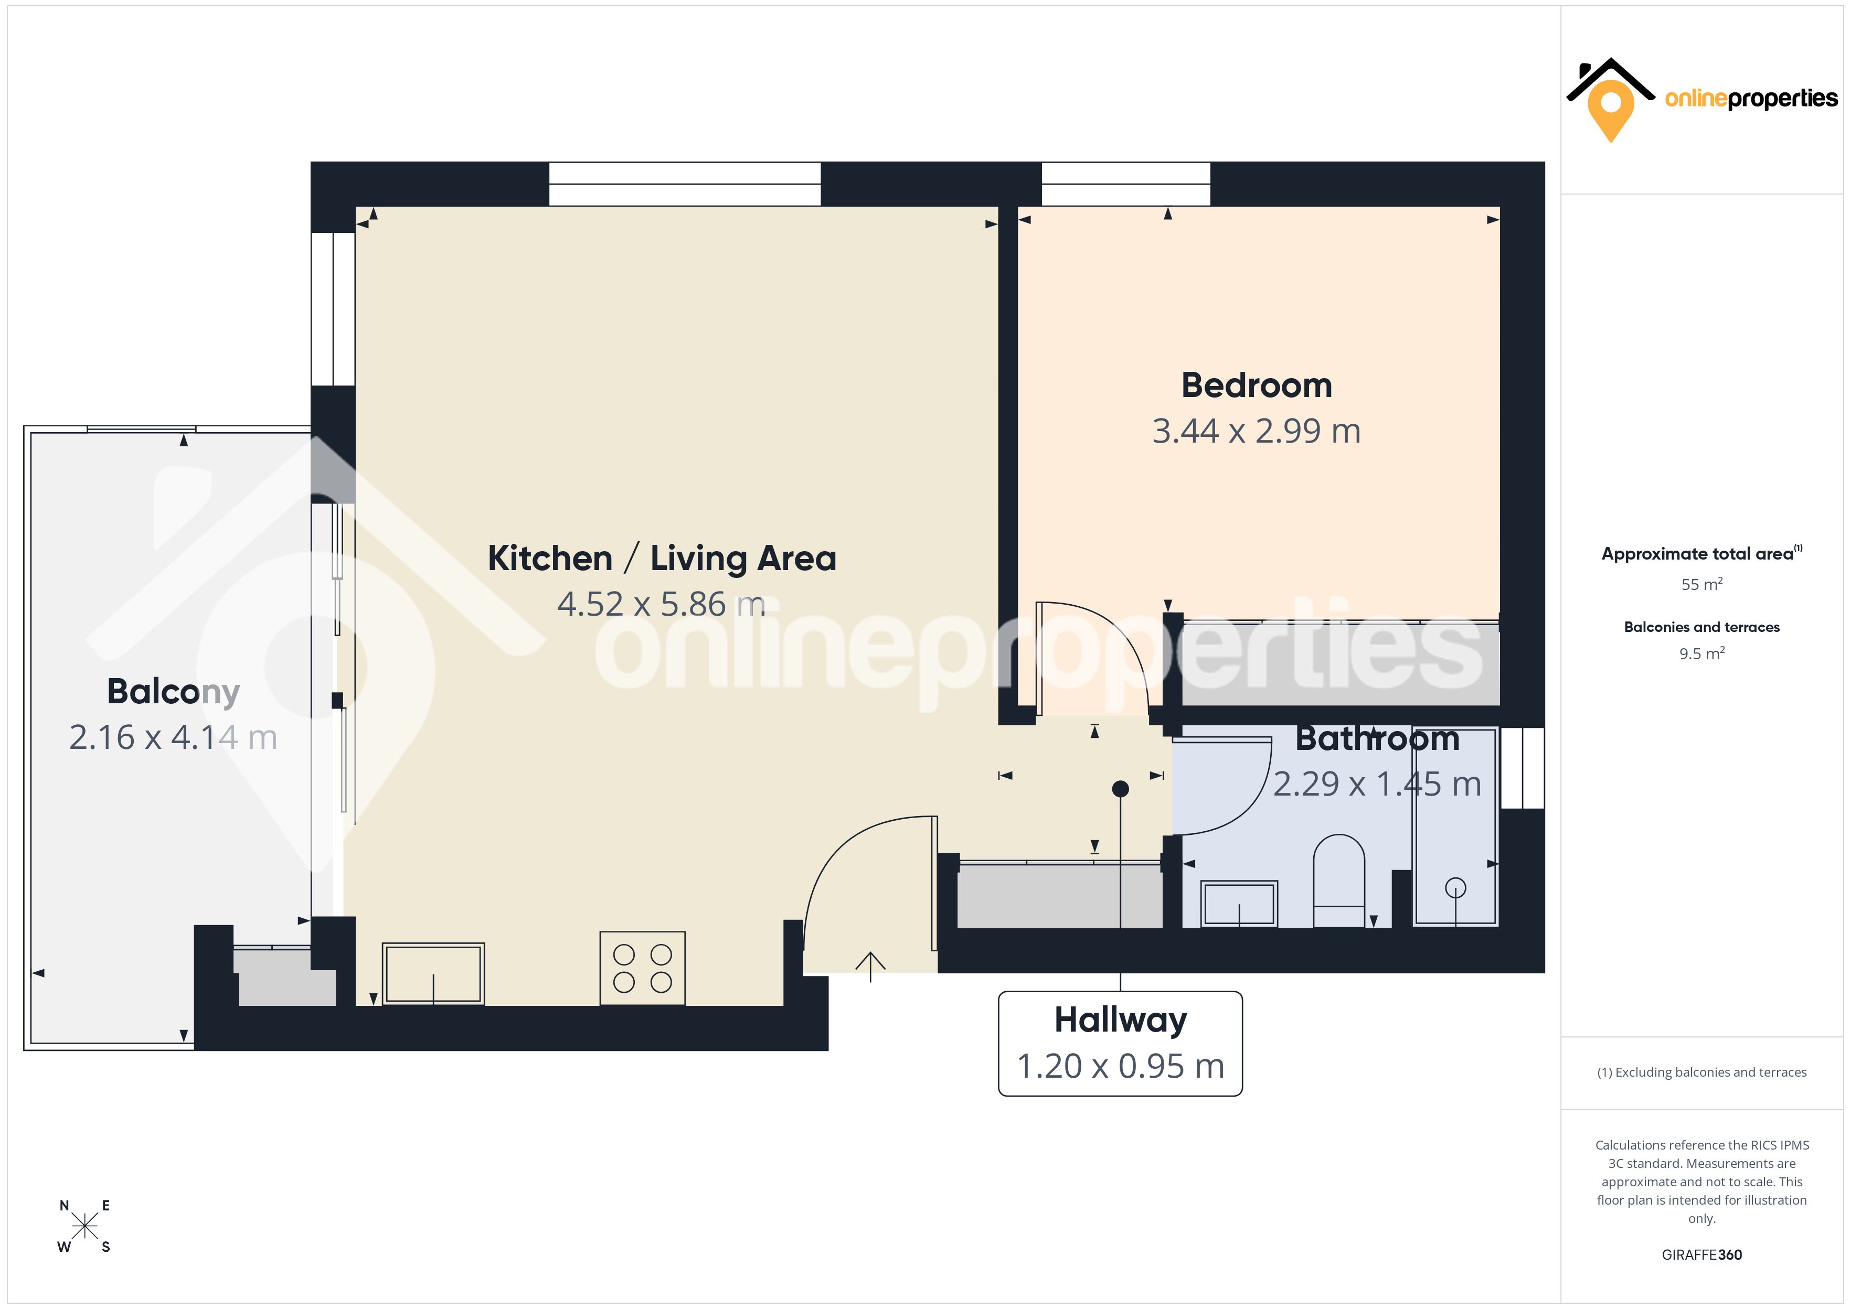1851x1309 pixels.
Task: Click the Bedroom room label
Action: (x=1256, y=385)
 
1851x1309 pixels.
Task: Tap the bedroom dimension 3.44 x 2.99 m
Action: (x=1256, y=431)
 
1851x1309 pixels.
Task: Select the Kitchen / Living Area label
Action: (x=662, y=558)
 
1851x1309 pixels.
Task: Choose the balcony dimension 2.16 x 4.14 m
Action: (x=173, y=737)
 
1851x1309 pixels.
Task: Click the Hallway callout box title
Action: (x=1121, y=1020)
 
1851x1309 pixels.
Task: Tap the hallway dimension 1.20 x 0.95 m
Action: (x=1121, y=1066)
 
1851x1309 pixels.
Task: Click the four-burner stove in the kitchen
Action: (x=643, y=968)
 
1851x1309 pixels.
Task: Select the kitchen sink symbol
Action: (x=433, y=974)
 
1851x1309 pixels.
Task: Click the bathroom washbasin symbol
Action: (x=1239, y=904)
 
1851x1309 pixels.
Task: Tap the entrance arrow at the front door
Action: (x=871, y=965)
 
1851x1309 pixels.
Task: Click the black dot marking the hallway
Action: (x=1121, y=789)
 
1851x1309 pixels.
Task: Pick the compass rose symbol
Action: (x=84, y=1226)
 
